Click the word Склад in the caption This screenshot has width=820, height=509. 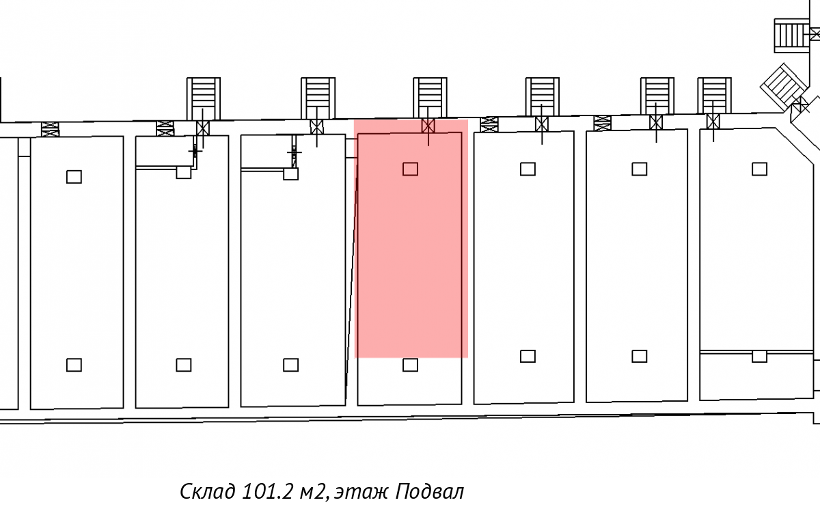coord(208,491)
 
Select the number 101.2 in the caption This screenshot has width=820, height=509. coord(268,491)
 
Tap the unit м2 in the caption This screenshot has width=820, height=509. coord(312,492)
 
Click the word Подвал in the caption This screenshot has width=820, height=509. coord(430,491)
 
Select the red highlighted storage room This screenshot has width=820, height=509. coord(411,238)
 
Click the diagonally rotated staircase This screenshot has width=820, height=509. coord(784,87)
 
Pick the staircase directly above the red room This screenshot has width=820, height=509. coord(430,98)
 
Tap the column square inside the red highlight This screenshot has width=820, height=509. coord(410,169)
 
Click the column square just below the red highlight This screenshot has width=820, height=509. coord(410,365)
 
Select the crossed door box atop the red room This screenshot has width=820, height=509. coord(428,126)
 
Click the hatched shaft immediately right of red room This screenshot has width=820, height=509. coord(489,125)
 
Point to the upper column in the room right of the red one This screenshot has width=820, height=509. coord(528,169)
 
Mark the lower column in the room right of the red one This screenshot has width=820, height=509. coord(528,356)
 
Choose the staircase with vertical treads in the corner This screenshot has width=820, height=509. coord(791,36)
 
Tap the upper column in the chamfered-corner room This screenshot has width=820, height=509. coord(759,169)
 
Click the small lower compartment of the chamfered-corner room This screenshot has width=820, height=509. coord(756,376)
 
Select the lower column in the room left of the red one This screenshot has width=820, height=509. coord(290,365)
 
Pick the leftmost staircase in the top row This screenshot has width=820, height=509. coord(204,98)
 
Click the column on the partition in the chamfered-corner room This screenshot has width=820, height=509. coord(759,357)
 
